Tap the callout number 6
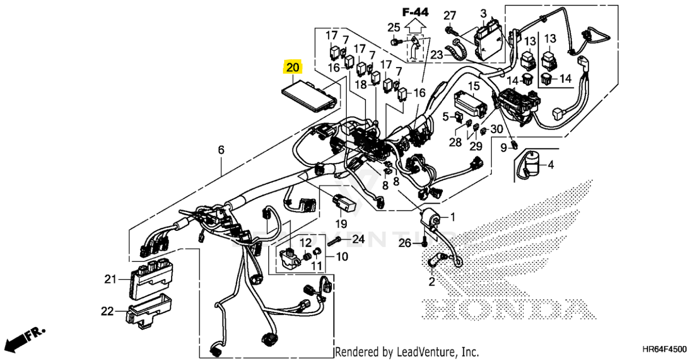221,149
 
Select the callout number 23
437,55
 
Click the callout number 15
474,86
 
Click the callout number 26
404,243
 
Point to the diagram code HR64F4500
664,349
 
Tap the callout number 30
497,129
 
